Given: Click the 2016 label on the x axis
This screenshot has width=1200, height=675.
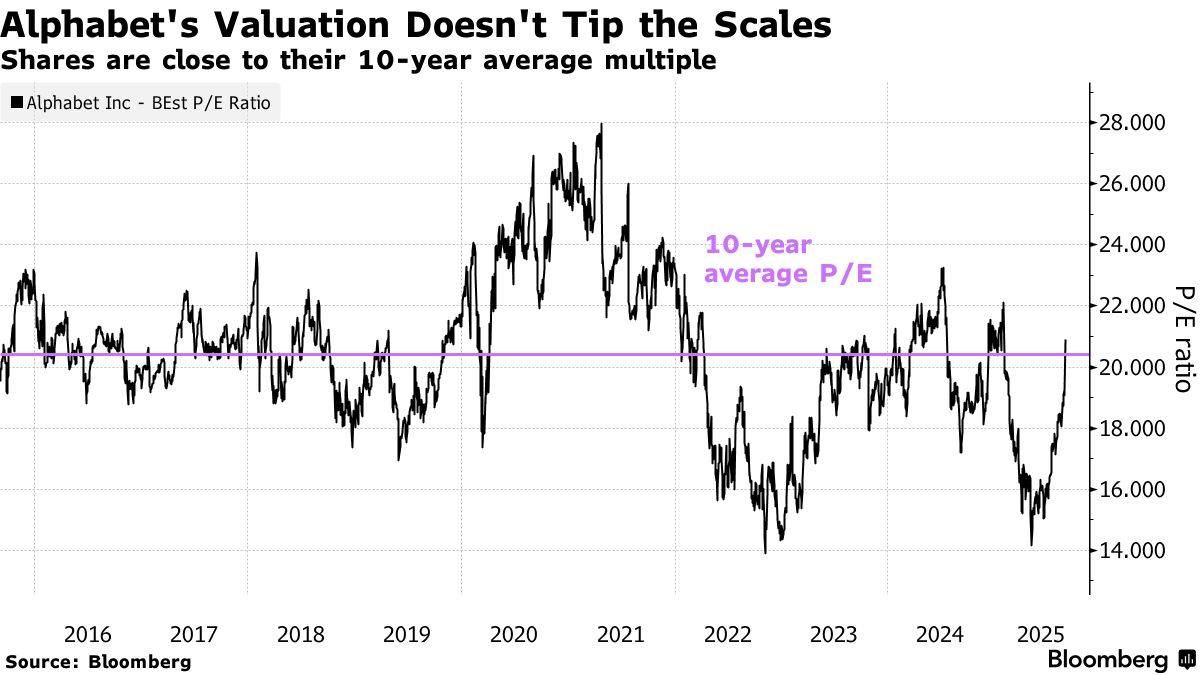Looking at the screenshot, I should point(87,634).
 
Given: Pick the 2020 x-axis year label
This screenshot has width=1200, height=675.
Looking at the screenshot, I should point(514,634).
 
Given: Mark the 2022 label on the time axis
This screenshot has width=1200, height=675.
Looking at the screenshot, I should point(727,634).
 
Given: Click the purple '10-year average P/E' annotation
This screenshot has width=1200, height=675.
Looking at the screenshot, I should point(788,260).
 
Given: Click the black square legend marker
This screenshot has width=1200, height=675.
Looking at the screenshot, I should point(17,102).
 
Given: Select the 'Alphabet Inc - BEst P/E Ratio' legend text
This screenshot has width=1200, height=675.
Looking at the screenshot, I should point(149,102).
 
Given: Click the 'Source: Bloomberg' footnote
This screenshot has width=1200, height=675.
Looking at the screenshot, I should point(98,661).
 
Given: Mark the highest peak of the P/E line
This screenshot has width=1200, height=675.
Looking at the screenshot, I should point(601,124).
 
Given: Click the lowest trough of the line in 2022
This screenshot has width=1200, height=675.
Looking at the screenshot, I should point(765,552).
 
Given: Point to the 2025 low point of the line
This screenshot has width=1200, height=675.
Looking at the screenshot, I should point(1030,546).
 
